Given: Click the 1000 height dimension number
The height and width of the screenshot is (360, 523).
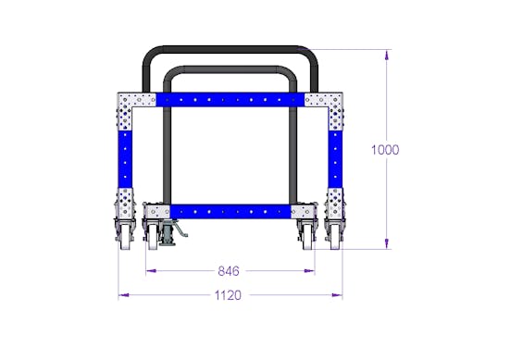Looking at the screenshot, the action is pyautogui.click(x=385, y=150).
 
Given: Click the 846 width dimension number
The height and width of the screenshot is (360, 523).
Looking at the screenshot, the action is pyautogui.click(x=229, y=271).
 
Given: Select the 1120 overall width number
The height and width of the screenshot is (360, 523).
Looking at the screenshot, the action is pyautogui.click(x=228, y=295).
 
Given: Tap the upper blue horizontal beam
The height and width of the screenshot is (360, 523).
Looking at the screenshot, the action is pyautogui.click(x=230, y=100).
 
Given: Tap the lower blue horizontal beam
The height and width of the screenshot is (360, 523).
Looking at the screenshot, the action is pyautogui.click(x=230, y=212).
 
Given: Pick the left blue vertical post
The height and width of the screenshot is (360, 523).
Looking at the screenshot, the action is pyautogui.click(x=125, y=159).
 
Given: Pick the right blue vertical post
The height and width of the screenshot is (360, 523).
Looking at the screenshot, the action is pyautogui.click(x=335, y=159).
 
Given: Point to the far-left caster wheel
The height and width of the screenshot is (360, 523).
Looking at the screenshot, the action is pyautogui.click(x=126, y=236).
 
